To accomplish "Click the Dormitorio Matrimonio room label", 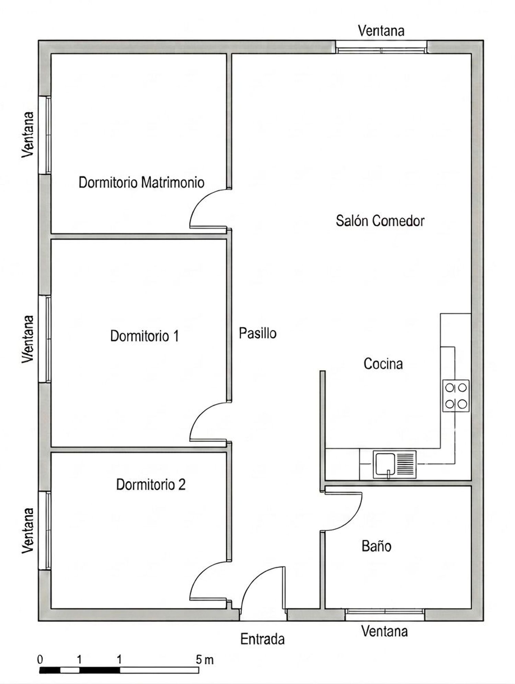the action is pos(141,182).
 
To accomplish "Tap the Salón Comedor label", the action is pos(380,220).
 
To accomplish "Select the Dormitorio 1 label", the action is pos(145,335).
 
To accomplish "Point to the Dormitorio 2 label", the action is pos(151,484).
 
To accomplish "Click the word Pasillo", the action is pos(257,333).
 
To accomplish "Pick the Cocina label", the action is pos(383,364).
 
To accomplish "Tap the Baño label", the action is pos(376,546).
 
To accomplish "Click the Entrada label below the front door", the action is pos(262,639).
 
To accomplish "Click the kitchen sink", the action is pos(394,464).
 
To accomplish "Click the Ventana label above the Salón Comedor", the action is pos(381,31).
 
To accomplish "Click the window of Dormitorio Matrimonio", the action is pos(45,135).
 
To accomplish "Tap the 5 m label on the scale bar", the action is pos(205,660).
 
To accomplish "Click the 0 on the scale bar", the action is pos(40,660).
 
